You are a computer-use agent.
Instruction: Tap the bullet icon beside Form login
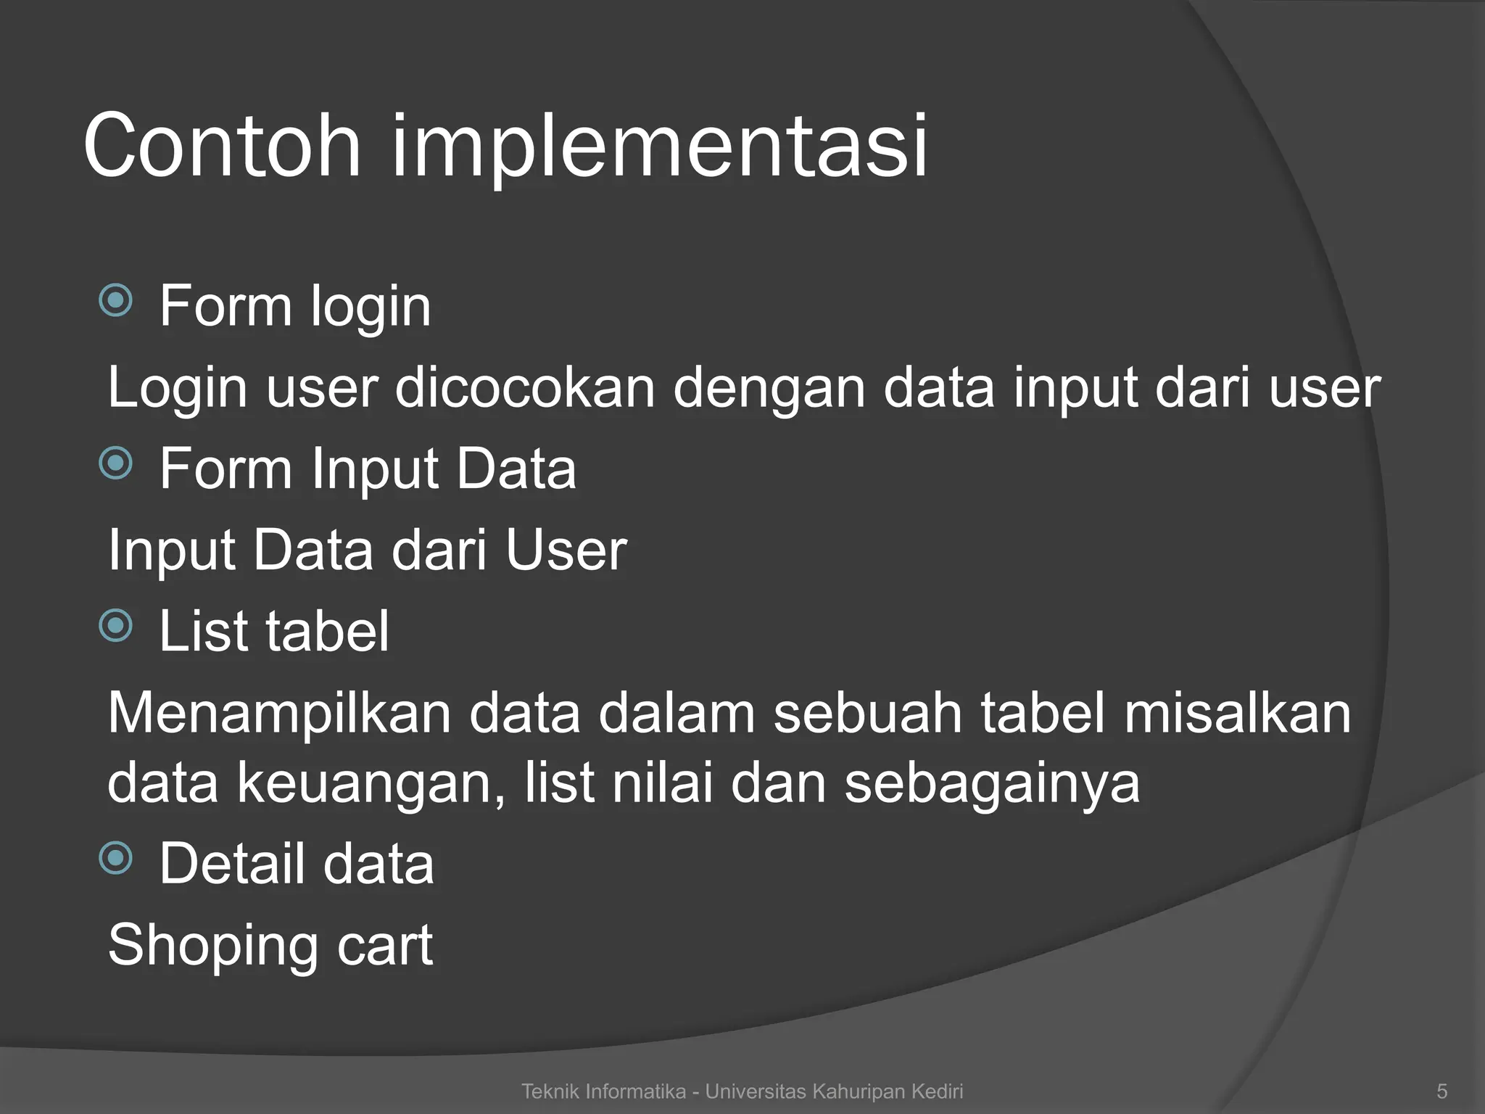pyautogui.click(x=116, y=300)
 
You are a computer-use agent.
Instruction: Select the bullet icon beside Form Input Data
pyautogui.click(x=116, y=463)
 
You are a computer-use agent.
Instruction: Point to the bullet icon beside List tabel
pyautogui.click(x=116, y=625)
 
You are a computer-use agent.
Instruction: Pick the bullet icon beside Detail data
pyautogui.click(x=116, y=858)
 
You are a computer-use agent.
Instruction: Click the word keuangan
pyautogui.click(x=370, y=784)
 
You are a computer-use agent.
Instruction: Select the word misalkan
pyautogui.click(x=1238, y=712)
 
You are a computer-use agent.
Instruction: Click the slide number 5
pyautogui.click(x=1442, y=1091)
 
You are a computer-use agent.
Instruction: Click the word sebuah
pyautogui.click(x=867, y=712)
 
